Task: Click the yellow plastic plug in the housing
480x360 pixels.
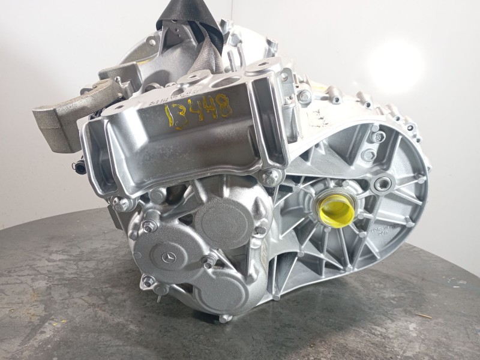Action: point(337,208)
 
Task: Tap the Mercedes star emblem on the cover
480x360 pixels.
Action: point(169,257)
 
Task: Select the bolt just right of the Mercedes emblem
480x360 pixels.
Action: point(208,261)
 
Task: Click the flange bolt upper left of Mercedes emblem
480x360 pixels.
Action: point(148,226)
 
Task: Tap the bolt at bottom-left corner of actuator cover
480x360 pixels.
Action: point(147,281)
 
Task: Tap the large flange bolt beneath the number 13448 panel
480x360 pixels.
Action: point(271,177)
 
